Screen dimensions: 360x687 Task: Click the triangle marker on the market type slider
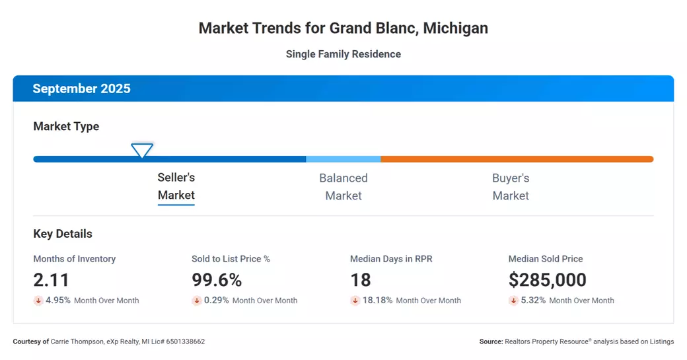click(x=142, y=150)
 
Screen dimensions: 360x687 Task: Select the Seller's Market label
click(x=176, y=186)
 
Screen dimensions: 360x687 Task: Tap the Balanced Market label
click(x=343, y=187)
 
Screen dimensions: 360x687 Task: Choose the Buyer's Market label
click(x=511, y=187)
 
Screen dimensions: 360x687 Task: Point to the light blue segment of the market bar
click(x=343, y=159)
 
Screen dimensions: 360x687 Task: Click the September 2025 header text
click(x=81, y=89)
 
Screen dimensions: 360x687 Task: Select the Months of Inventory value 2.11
click(x=52, y=280)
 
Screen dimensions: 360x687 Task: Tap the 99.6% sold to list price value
click(x=217, y=280)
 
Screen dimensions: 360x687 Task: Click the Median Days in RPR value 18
click(x=361, y=280)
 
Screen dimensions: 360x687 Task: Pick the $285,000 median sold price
click(x=547, y=280)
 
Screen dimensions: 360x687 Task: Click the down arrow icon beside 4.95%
click(x=38, y=301)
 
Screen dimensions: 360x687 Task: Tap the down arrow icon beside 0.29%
click(x=197, y=301)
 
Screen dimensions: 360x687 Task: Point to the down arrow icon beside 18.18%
click(x=355, y=301)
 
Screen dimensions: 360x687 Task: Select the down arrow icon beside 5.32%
click(x=513, y=301)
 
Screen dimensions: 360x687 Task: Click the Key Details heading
click(x=63, y=234)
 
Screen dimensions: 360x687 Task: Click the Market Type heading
click(x=66, y=126)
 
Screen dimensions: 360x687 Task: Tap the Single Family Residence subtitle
click(x=343, y=54)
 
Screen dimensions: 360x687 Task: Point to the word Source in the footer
click(x=491, y=342)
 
